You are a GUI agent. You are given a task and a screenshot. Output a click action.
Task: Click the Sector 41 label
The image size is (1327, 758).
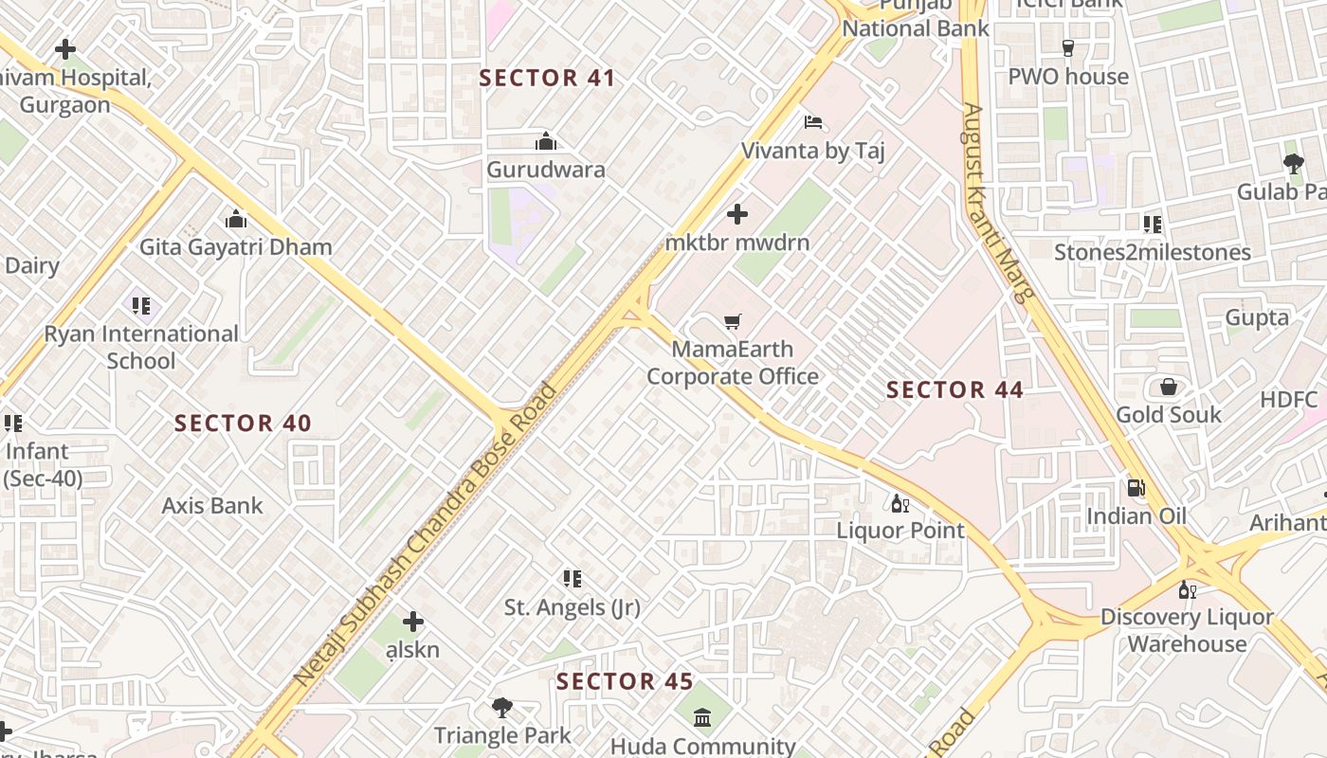coord(548,79)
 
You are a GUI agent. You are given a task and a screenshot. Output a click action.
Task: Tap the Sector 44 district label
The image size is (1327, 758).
coord(954,390)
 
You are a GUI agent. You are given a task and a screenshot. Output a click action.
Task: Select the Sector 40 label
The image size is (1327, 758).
coord(243,424)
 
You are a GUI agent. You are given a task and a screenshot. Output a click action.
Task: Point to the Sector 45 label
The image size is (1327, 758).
coord(625,681)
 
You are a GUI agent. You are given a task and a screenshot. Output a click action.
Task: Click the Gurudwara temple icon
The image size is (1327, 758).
coord(546,142)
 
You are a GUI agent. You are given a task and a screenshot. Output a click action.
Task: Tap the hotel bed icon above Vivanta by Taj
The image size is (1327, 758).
coord(813,122)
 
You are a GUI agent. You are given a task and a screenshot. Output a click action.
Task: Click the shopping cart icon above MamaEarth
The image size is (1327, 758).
coord(732,321)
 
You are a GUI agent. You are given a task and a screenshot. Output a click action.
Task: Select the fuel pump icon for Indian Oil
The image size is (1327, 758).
coord(1136,488)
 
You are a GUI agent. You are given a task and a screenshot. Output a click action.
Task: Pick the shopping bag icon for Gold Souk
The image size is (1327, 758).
coord(1169,387)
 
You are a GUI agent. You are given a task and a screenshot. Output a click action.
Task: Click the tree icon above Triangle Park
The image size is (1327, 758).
coord(502,707)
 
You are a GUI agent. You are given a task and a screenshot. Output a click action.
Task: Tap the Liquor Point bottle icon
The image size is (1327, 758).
coord(900,503)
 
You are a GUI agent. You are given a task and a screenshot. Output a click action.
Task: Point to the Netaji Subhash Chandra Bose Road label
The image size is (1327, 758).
coord(425,535)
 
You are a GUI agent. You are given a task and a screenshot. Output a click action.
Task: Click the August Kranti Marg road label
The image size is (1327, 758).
coord(997,201)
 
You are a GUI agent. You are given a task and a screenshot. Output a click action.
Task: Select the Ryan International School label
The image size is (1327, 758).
coord(141,347)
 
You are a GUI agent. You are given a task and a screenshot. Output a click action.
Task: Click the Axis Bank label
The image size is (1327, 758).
coord(212,506)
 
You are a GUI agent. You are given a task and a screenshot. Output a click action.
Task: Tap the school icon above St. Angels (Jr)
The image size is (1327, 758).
coord(572,578)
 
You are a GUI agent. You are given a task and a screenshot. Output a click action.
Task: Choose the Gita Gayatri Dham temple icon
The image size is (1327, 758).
coord(236,220)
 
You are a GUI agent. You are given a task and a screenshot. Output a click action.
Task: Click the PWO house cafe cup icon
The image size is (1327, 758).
coord(1068,48)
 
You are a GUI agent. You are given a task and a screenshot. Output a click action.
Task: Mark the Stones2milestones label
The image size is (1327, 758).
coord(1153,253)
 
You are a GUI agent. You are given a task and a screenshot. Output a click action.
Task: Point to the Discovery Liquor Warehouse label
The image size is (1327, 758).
coord(1187,630)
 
